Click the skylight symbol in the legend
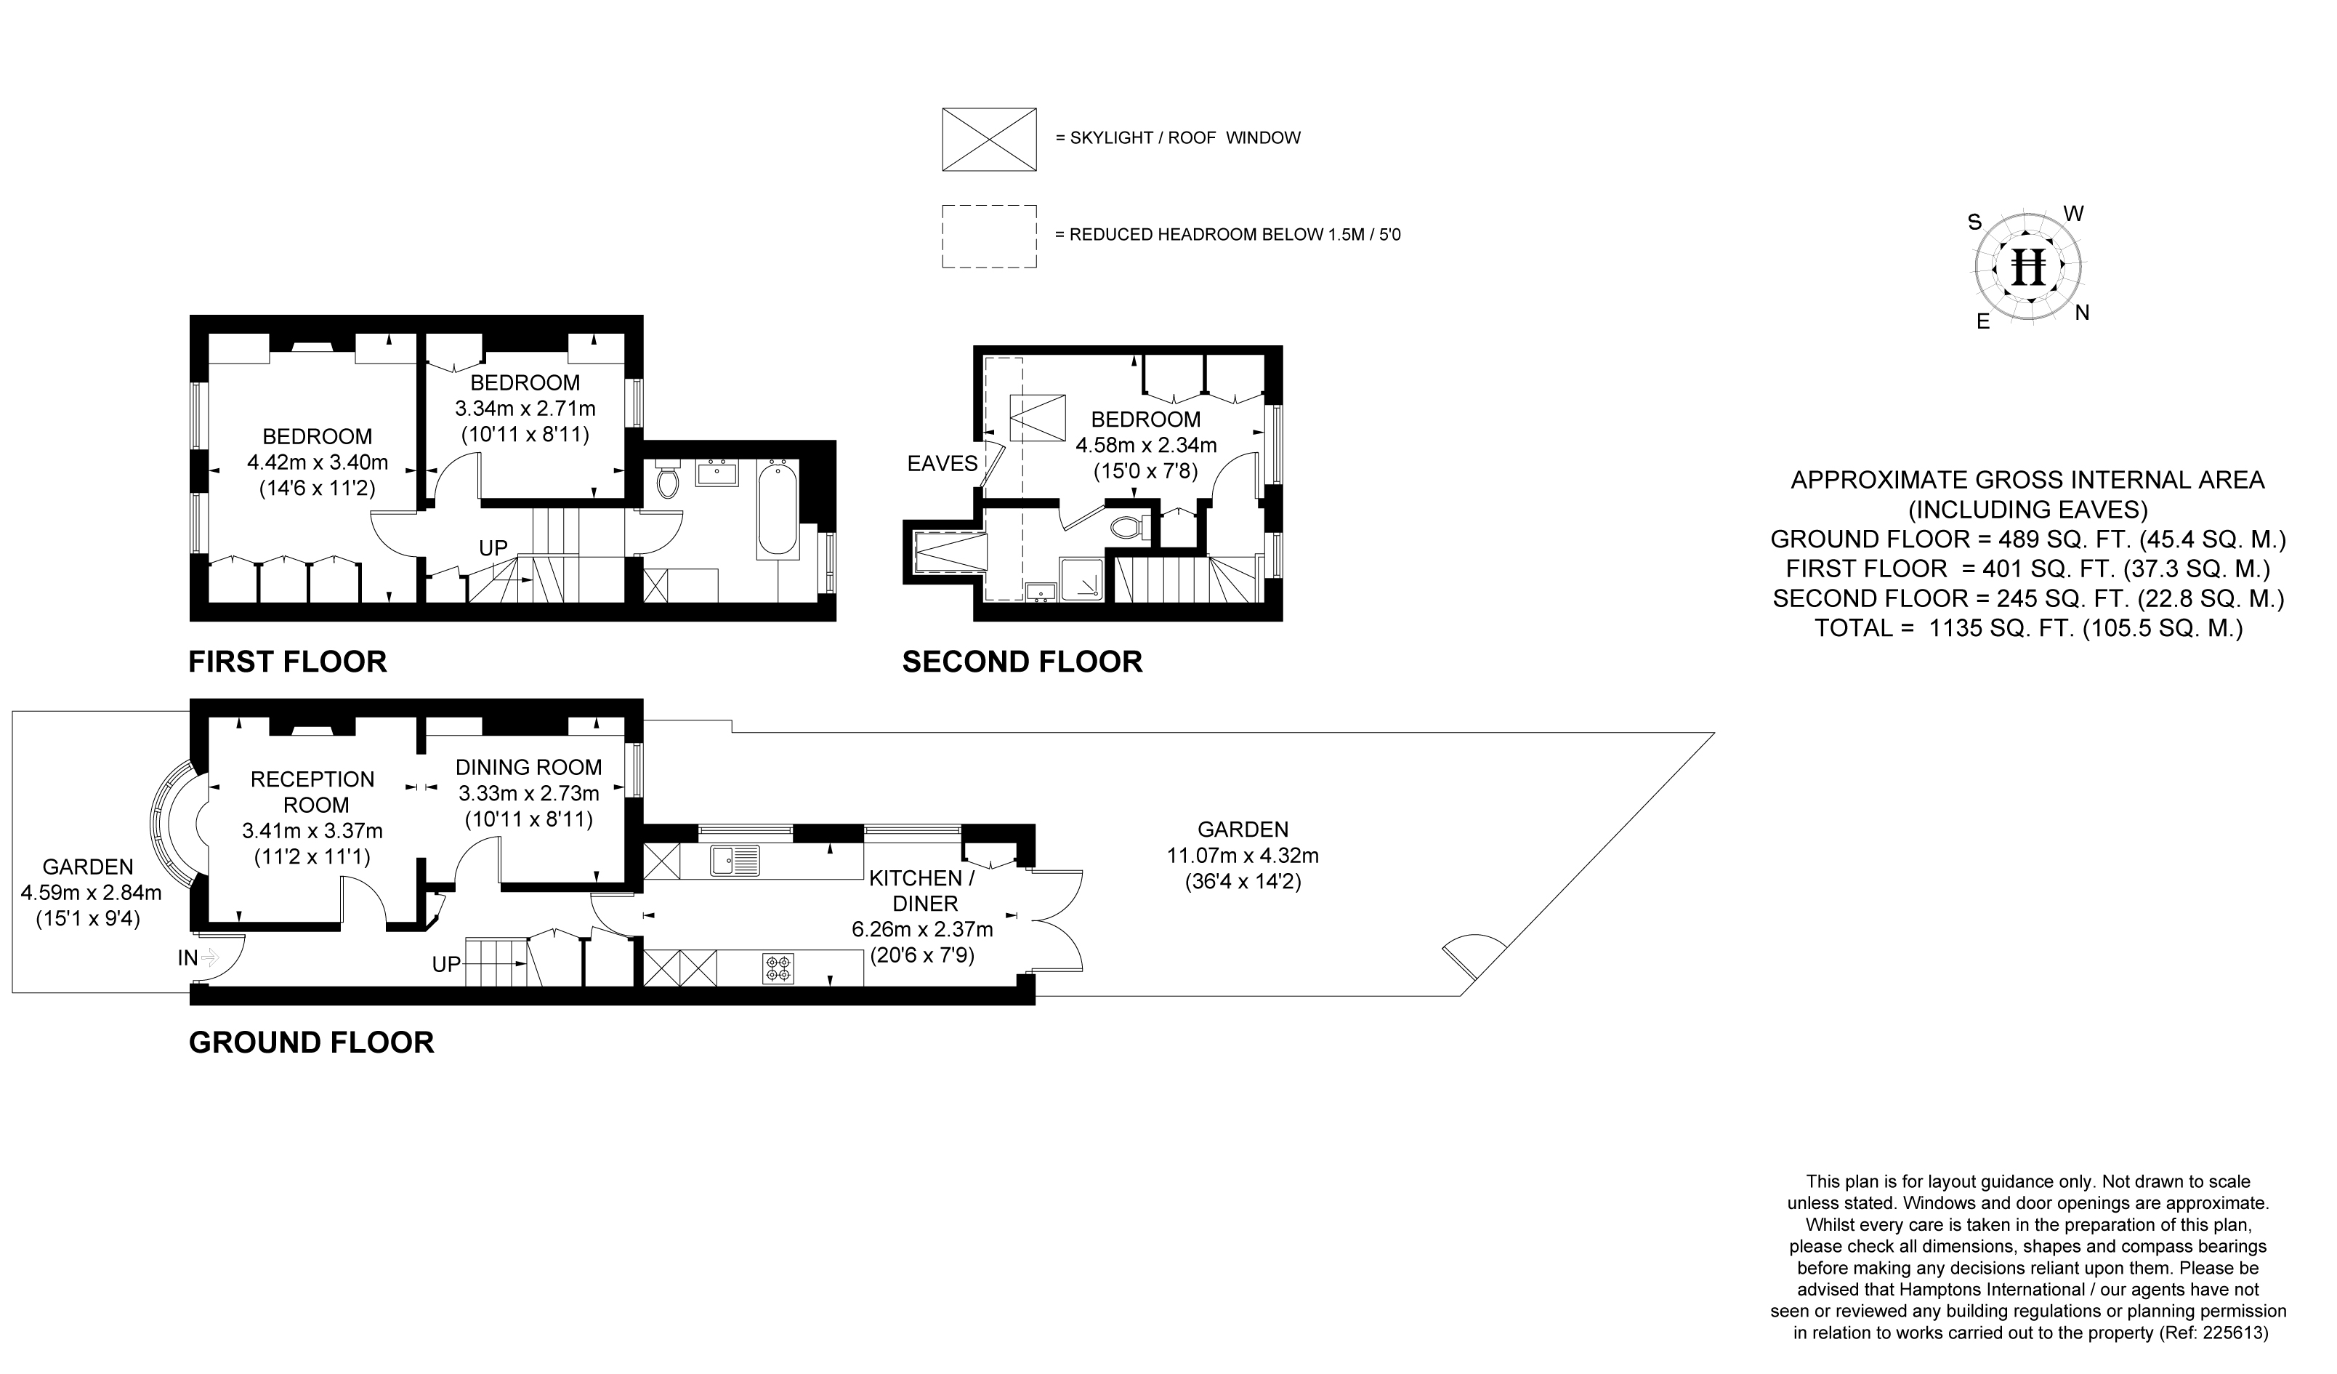click(x=988, y=139)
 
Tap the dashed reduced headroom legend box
click(x=988, y=236)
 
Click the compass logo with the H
click(x=2028, y=268)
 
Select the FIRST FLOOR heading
click(x=288, y=662)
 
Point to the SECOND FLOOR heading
click(x=1022, y=662)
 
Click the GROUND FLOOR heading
click(x=312, y=1042)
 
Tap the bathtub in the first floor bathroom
click(x=776, y=508)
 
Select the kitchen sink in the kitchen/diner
click(x=735, y=860)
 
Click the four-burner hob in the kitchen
click(x=778, y=968)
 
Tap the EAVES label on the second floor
click(x=943, y=463)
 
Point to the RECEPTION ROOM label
click(x=312, y=792)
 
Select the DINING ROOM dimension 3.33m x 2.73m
click(x=528, y=793)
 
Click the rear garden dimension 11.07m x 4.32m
click(x=1243, y=856)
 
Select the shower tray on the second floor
click(x=1082, y=579)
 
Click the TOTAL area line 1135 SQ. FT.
click(x=2028, y=628)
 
